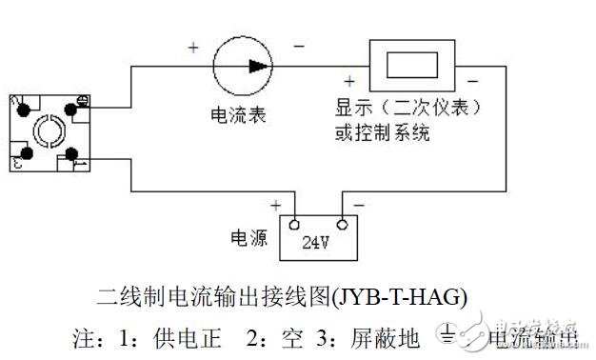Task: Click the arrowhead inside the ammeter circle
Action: [258, 66]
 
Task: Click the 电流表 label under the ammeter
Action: [238, 115]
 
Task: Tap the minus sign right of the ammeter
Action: [299, 46]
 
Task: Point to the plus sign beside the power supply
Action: [276, 204]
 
